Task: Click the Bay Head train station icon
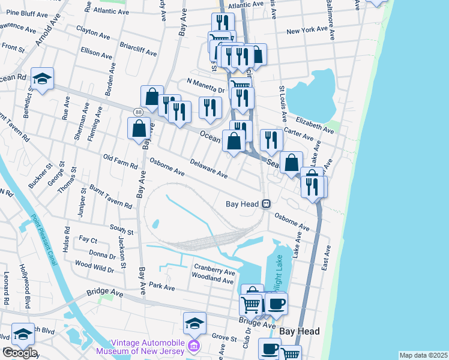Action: click(x=265, y=204)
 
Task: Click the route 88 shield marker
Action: click(x=139, y=112)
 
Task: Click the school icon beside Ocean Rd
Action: click(x=42, y=78)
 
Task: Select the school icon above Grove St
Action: click(x=194, y=323)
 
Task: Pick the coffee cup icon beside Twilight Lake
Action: click(x=276, y=303)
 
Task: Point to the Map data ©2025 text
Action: click(x=423, y=355)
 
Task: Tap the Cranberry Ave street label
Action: click(x=214, y=268)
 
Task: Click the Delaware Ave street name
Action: click(x=208, y=167)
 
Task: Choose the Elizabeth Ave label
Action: click(x=313, y=124)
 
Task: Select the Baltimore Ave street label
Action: click(x=330, y=21)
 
